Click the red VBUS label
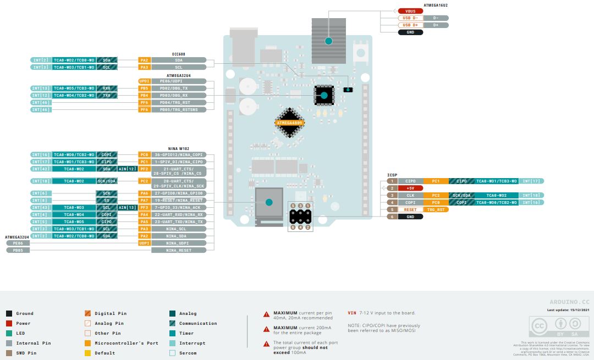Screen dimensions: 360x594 [x=410, y=11]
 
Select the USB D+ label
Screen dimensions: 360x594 [x=410, y=25]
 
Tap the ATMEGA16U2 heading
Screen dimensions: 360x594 [x=436, y=5]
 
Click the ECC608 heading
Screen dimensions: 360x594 [x=178, y=54]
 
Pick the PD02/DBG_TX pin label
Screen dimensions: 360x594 [x=178, y=88]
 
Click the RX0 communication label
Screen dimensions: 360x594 [x=106, y=88]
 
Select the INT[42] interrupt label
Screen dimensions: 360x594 [x=41, y=169]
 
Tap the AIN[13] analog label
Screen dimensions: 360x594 [x=128, y=207]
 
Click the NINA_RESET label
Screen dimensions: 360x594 [x=179, y=250]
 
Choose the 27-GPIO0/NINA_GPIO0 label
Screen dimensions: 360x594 [x=179, y=193]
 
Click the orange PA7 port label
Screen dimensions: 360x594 [x=144, y=200]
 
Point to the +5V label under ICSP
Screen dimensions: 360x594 [x=410, y=188]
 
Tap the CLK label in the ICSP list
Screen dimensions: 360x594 [x=410, y=195]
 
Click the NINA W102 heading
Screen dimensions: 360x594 [x=178, y=149]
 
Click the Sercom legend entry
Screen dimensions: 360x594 [x=192, y=353]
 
